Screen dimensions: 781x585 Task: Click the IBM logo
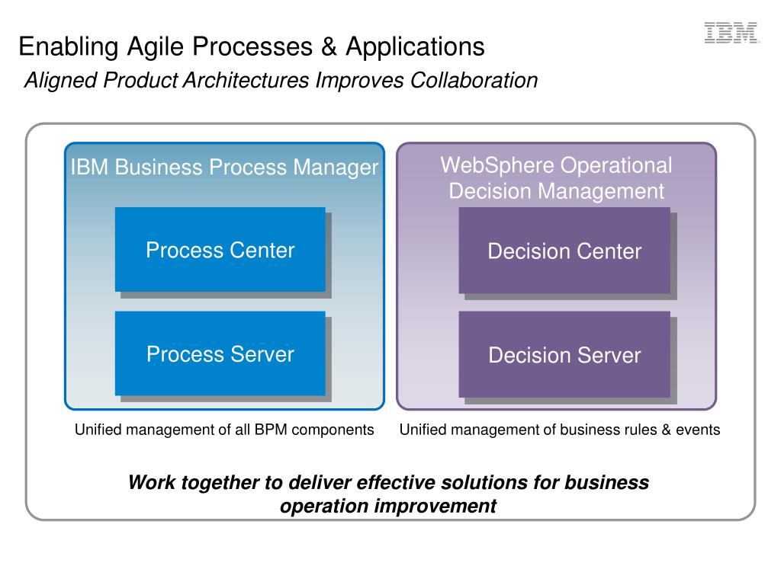[731, 33]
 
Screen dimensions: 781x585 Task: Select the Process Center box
[220, 249]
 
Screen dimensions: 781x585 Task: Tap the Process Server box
[220, 353]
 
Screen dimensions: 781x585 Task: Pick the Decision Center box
[564, 251]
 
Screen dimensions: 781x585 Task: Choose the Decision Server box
[564, 355]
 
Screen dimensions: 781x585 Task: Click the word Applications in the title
[415, 47]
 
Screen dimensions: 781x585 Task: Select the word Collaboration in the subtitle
[474, 80]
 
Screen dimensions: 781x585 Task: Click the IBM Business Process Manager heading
[224, 168]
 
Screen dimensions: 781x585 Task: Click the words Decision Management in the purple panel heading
[557, 190]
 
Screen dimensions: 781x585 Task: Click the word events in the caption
[699, 430]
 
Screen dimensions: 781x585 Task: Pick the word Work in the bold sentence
[147, 482]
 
